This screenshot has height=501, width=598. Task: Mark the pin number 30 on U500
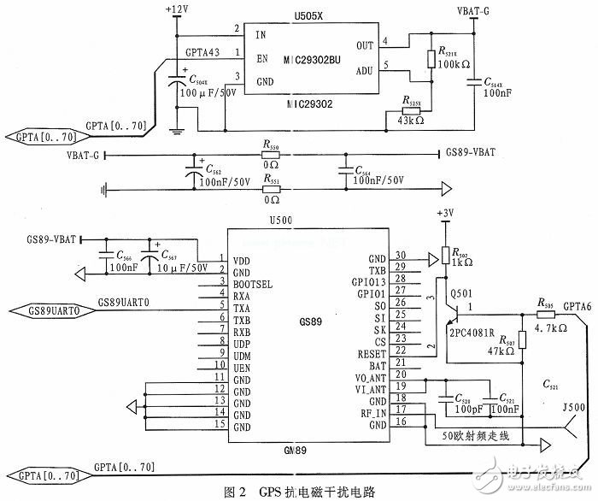point(400,256)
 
